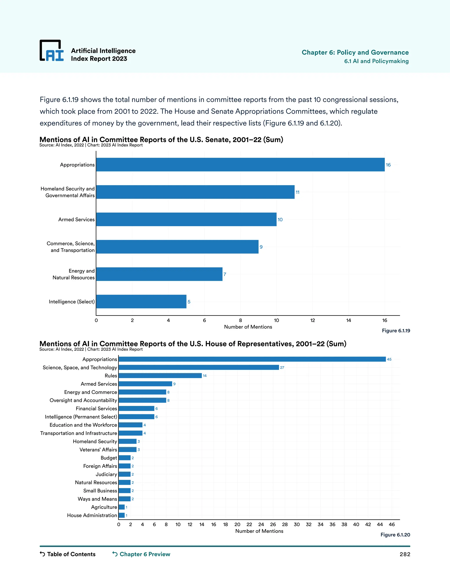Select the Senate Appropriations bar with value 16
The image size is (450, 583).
(x=240, y=165)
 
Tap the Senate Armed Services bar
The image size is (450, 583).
(x=186, y=219)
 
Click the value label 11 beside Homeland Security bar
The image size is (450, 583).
(x=298, y=192)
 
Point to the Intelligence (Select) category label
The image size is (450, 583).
(x=71, y=302)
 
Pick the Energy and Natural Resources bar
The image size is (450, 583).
(x=159, y=274)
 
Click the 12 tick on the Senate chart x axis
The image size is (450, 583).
(x=312, y=320)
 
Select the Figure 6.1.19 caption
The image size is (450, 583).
(x=396, y=330)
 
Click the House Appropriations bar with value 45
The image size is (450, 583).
(x=252, y=359)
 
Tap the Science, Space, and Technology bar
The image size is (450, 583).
(x=199, y=368)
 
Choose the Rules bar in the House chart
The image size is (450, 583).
(x=160, y=376)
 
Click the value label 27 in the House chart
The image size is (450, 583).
(x=282, y=368)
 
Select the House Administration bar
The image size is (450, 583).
(x=122, y=515)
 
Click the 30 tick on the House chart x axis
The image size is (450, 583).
(x=297, y=524)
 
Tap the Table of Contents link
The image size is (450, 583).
(x=68, y=554)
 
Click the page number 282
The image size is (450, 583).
(x=405, y=554)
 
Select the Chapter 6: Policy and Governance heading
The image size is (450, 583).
(x=355, y=52)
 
